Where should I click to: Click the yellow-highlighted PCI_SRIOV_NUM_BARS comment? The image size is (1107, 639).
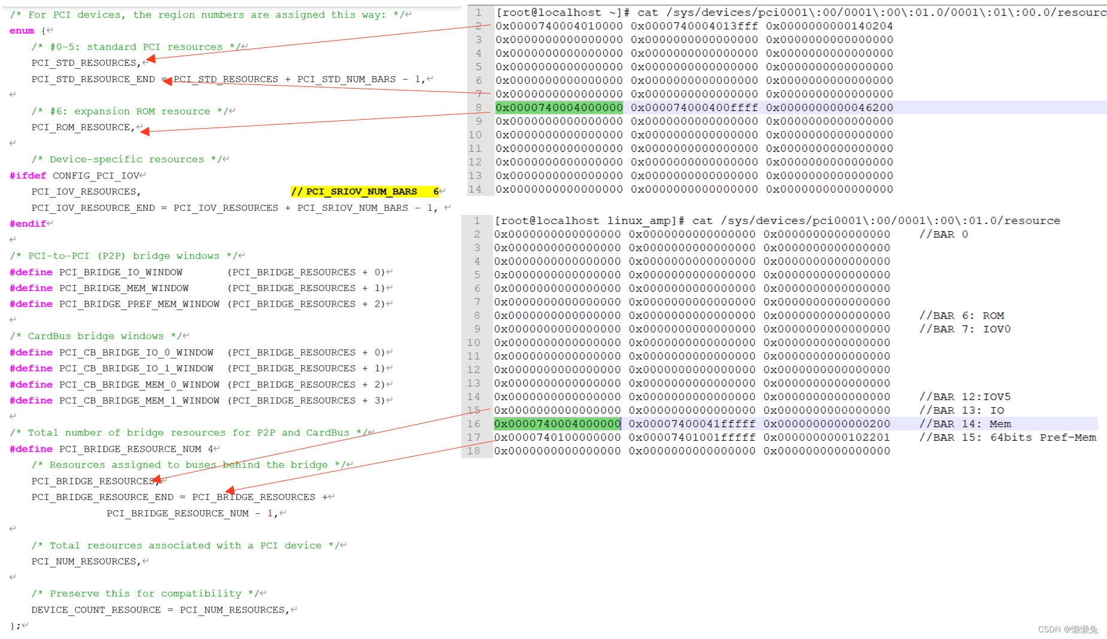(x=365, y=192)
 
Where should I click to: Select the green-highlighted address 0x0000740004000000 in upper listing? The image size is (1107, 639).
(x=559, y=108)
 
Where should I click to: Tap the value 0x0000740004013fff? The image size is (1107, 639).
(x=694, y=26)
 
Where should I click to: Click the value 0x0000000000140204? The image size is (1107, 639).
(x=829, y=26)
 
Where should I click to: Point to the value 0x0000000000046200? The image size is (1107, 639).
(x=829, y=108)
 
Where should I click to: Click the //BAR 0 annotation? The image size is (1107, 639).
(x=944, y=234)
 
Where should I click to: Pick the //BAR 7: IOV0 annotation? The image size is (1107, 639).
(x=965, y=329)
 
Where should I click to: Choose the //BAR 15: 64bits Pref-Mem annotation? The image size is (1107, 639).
(x=1008, y=438)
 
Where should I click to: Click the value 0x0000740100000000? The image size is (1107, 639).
(x=558, y=438)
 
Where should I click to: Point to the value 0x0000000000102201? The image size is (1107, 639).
(x=826, y=438)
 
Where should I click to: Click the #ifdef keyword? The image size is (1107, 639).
(x=28, y=175)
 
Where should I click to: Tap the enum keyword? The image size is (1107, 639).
(x=22, y=31)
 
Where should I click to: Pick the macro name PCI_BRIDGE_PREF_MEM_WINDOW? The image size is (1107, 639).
(x=139, y=304)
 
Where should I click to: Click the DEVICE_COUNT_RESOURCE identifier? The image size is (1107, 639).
(x=96, y=610)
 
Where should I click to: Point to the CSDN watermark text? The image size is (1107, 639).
(x=1068, y=629)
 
